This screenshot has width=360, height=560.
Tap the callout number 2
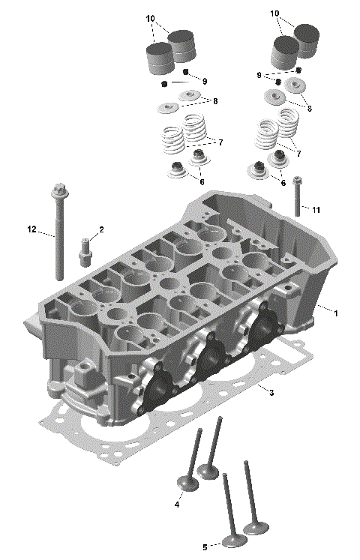click(x=101, y=229)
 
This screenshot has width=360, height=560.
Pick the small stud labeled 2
click(x=85, y=249)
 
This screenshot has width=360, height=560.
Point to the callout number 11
click(x=316, y=210)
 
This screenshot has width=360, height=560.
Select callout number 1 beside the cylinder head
click(x=337, y=313)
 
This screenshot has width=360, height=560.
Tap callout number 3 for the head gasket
click(x=271, y=393)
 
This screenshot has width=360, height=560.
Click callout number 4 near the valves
click(x=177, y=505)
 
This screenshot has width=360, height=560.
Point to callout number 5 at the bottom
click(x=203, y=547)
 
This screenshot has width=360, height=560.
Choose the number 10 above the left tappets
click(x=150, y=17)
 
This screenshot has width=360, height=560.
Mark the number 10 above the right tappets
click(x=274, y=13)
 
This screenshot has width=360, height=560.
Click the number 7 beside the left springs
click(x=220, y=142)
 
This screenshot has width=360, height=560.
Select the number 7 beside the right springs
click(x=298, y=153)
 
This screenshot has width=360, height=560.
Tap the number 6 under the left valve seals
click(x=201, y=182)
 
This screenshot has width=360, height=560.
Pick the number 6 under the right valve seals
click(x=283, y=183)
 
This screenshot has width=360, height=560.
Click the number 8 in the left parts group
click(x=215, y=100)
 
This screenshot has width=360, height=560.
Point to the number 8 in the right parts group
click(x=309, y=108)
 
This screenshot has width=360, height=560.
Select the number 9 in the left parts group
click(x=204, y=81)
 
